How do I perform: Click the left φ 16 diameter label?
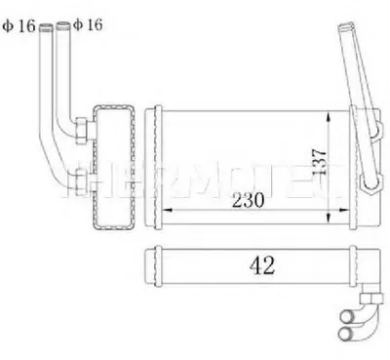tap(20, 27)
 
